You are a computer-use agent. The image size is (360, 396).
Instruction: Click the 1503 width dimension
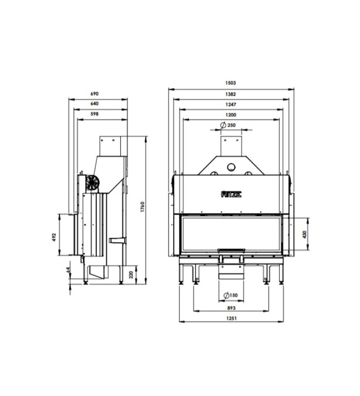230,83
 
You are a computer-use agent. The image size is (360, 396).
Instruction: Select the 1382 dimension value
230,94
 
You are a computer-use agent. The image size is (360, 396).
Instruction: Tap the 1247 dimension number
230,104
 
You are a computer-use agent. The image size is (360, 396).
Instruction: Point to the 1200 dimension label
230,115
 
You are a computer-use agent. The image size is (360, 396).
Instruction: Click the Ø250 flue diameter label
228,125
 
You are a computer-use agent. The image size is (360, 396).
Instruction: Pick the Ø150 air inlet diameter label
230,295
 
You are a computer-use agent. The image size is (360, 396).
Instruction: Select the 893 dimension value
231,308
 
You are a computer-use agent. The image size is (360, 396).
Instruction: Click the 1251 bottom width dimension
231,318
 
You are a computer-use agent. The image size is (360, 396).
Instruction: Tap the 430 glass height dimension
305,234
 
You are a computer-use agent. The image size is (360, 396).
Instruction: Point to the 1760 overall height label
142,206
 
